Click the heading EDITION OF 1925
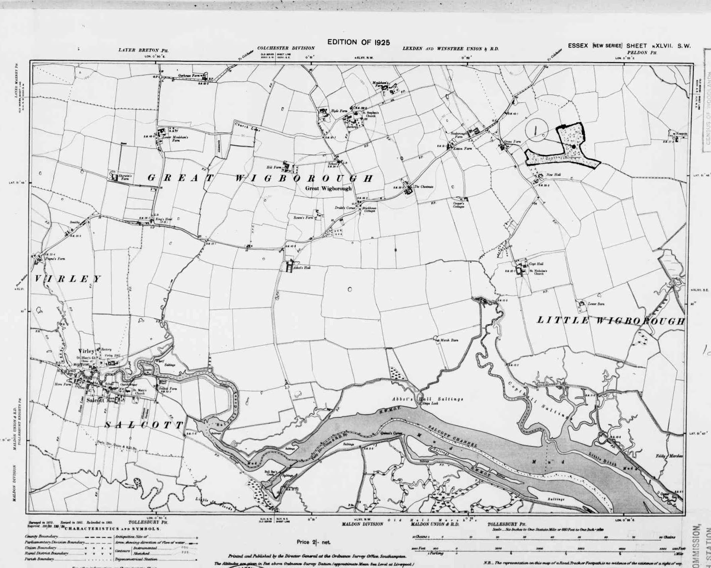358,42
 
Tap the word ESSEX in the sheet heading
578,46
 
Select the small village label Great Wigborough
328,188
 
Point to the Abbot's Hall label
302,268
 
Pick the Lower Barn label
596,304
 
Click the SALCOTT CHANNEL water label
452,436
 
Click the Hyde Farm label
339,111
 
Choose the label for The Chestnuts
423,187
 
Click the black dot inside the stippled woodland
573,147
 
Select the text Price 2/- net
313,542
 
